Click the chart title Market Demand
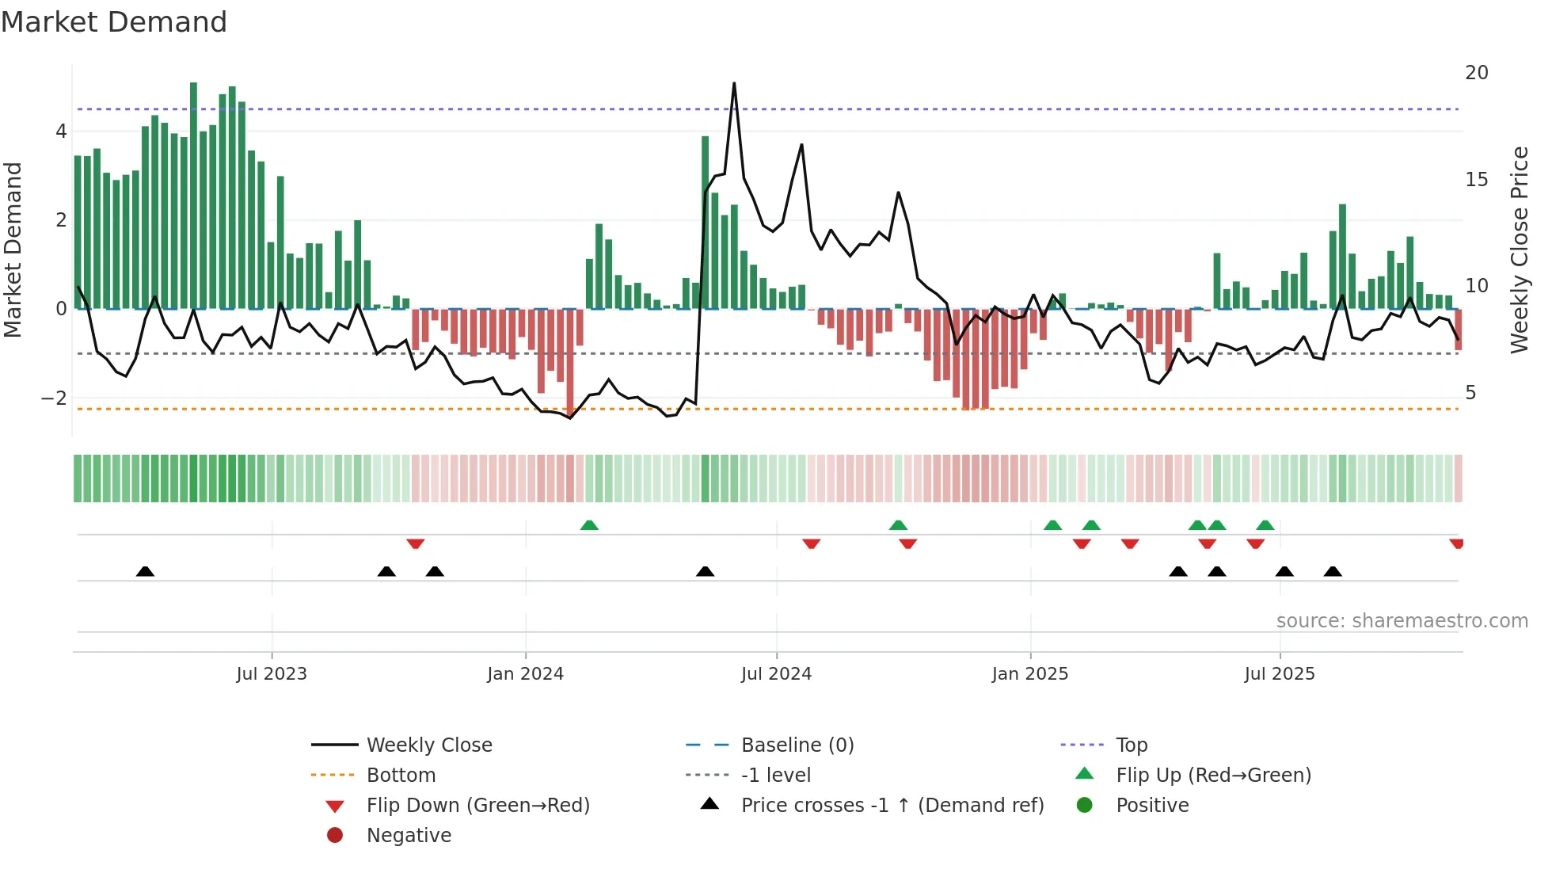pos(114,22)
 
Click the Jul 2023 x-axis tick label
pos(272,674)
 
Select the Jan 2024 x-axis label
pos(525,674)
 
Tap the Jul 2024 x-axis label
pos(776,674)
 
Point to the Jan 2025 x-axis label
pos(1029,674)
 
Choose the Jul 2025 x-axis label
pos(1279,674)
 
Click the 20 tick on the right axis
pos(1476,73)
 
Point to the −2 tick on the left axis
pos(54,398)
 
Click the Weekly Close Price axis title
pos(1519,250)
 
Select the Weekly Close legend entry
pos(428,745)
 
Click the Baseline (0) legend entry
pos(797,745)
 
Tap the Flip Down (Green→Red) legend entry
pos(477,806)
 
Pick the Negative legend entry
pos(409,836)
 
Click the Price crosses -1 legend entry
pos(892,806)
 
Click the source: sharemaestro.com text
pos(1402,621)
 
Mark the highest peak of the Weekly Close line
pos(734,83)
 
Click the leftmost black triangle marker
pos(145,571)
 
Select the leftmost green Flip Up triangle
pos(589,525)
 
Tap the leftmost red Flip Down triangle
pos(416,543)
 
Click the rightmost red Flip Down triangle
pos(1457,543)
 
